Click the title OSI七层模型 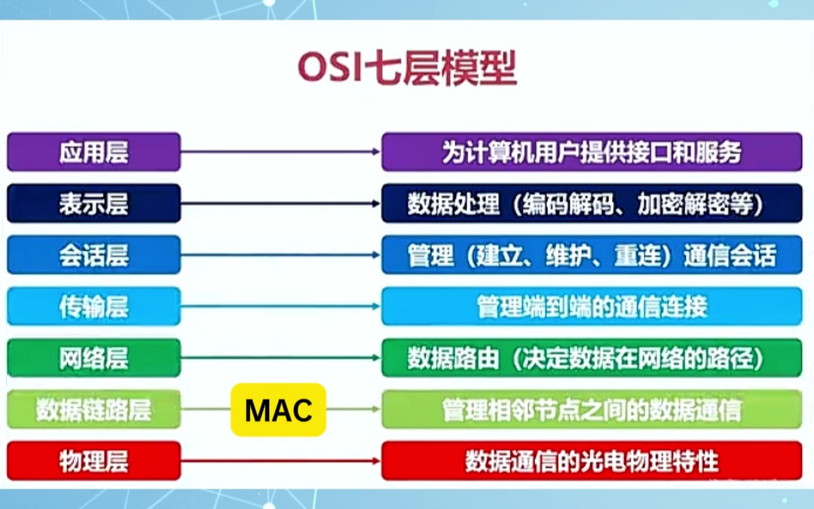coord(408,68)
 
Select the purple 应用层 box coord(94,152)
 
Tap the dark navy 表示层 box coord(94,203)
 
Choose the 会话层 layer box coord(94,255)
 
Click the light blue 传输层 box coord(94,306)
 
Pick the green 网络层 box coord(94,357)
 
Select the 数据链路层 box coord(94,409)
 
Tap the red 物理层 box coord(94,461)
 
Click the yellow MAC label coord(278,409)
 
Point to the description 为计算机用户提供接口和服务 coord(592,152)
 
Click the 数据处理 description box coord(592,203)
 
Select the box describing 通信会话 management coord(592,255)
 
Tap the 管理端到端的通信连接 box coord(592,306)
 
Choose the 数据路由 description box coord(592,357)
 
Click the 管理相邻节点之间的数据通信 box coord(592,409)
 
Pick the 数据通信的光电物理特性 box coord(592,461)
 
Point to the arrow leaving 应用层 coord(281,152)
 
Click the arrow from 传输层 coord(281,306)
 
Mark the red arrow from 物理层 coord(281,461)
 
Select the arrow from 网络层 coord(281,357)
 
